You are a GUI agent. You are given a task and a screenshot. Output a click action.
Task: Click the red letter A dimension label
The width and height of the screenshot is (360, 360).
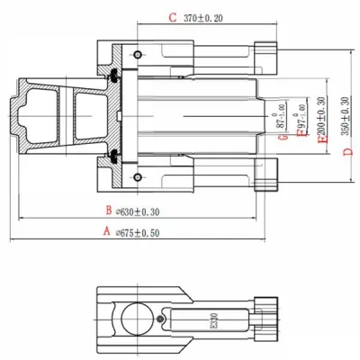(106, 230)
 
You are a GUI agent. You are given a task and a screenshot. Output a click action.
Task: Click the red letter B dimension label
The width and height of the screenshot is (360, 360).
(107, 211)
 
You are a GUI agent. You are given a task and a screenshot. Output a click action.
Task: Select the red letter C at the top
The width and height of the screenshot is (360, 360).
(174, 17)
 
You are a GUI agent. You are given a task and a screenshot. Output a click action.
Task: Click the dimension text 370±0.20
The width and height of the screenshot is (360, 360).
(203, 17)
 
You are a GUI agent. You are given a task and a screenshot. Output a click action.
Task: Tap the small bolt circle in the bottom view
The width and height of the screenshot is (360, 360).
(160, 319)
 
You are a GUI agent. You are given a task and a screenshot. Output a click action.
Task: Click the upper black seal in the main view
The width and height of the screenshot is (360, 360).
(115, 78)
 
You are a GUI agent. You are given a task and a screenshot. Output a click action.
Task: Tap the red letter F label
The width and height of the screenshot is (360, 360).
(297, 137)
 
